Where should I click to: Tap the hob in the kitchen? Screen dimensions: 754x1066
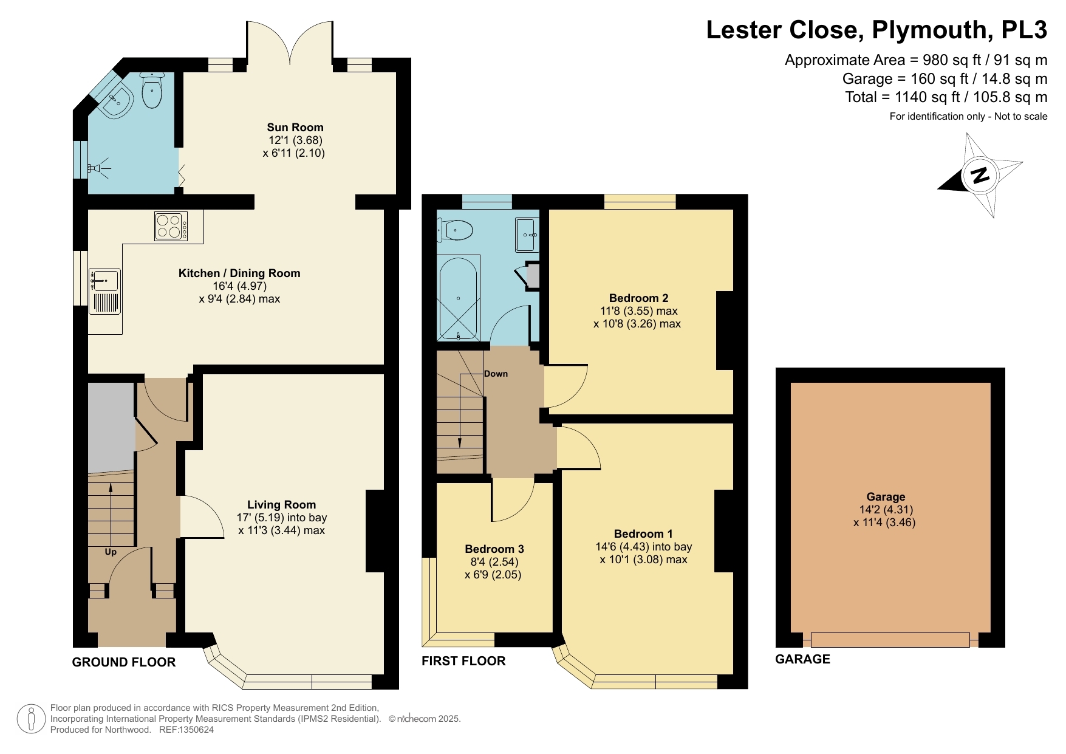(171, 226)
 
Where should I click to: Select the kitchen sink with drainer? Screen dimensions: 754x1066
(104, 292)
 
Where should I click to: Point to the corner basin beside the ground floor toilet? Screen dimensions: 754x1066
(117, 101)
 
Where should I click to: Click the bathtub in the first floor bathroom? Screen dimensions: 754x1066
(458, 298)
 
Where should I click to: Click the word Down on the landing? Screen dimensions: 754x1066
(496, 374)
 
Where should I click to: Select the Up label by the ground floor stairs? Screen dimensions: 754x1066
(111, 552)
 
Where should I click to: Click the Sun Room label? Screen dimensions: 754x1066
(295, 127)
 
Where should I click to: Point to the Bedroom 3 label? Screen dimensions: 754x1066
(494, 549)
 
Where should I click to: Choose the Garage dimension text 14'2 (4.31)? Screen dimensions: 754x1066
(886, 510)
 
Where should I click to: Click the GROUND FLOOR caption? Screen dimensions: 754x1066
(124, 662)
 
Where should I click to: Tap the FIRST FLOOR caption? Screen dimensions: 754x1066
(463, 661)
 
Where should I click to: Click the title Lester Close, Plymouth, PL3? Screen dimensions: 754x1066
(876, 30)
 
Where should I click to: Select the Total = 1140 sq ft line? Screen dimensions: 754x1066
(946, 97)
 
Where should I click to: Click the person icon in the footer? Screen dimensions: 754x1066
(31, 719)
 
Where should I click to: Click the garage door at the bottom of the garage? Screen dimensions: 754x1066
(889, 640)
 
